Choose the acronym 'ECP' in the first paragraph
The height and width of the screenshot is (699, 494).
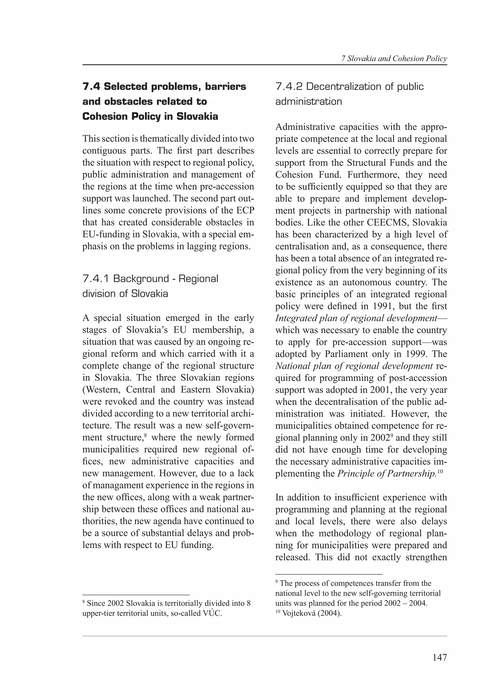click(x=245, y=210)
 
